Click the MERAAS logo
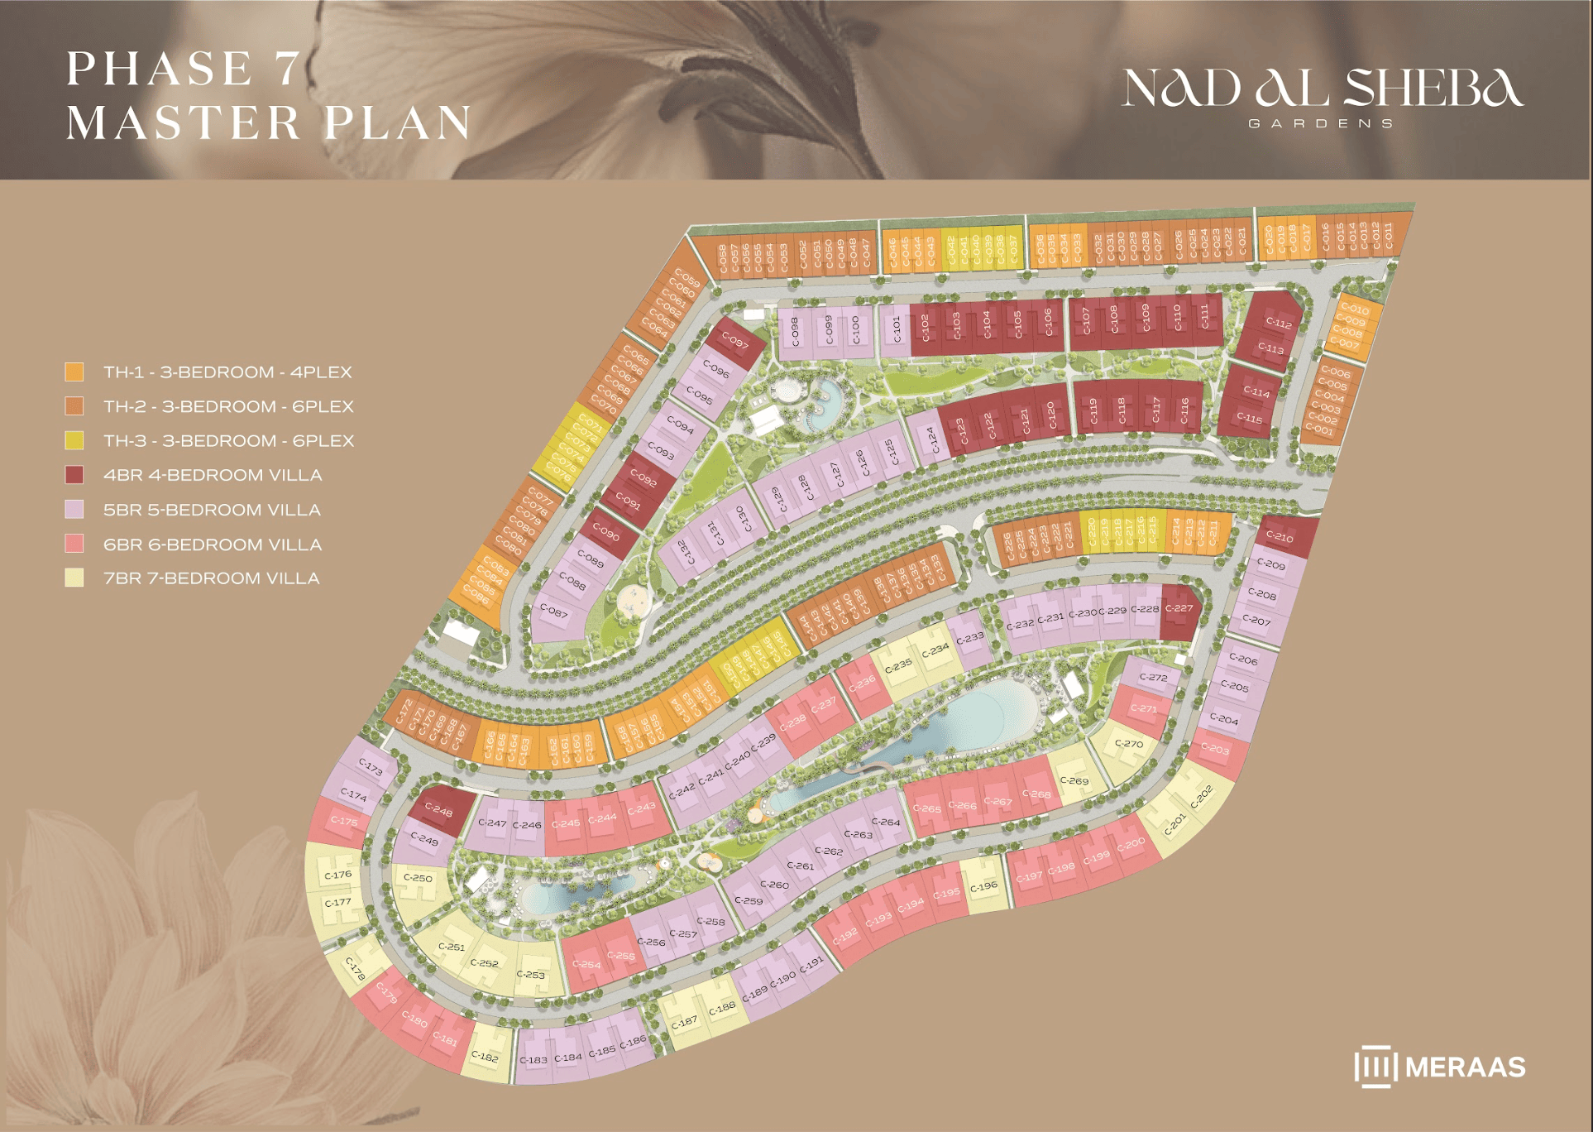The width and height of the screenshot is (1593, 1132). point(1440,1067)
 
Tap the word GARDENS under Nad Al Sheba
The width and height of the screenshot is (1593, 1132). point(1321,123)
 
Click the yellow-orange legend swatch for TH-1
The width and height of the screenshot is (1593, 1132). point(74,372)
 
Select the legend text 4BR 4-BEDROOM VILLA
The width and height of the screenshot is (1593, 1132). point(213,475)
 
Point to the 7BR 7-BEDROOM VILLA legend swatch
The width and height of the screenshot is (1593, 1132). point(74,578)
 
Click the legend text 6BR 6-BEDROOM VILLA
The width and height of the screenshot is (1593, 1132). point(213,544)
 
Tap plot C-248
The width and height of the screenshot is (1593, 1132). point(439,810)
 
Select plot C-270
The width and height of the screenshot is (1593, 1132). point(1128,744)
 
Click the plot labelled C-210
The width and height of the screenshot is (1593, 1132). point(1280,537)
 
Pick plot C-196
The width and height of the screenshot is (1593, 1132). point(983,886)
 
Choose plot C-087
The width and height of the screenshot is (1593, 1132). point(554,612)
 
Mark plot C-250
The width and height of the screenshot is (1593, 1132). point(418,878)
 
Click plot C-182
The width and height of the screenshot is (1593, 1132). point(485,1056)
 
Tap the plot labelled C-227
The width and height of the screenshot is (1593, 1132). point(1179,608)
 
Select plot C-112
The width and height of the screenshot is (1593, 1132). point(1279,324)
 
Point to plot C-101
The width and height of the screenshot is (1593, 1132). point(896,329)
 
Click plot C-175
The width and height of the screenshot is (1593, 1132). point(344,821)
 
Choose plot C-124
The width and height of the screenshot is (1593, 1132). point(931,439)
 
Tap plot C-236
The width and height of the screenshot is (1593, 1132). point(862,684)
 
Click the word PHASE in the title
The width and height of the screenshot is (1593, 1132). point(160,69)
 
